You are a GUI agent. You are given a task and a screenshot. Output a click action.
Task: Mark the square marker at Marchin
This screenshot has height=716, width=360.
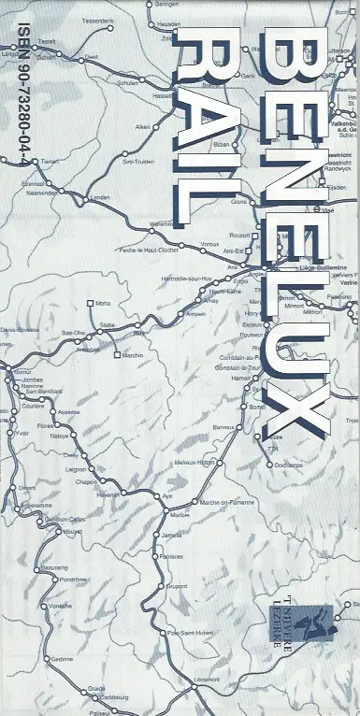click(x=116, y=355)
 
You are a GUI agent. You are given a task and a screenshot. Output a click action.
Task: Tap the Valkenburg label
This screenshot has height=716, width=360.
click(x=347, y=122)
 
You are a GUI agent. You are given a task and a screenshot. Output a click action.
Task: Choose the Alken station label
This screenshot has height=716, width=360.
click(x=142, y=126)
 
